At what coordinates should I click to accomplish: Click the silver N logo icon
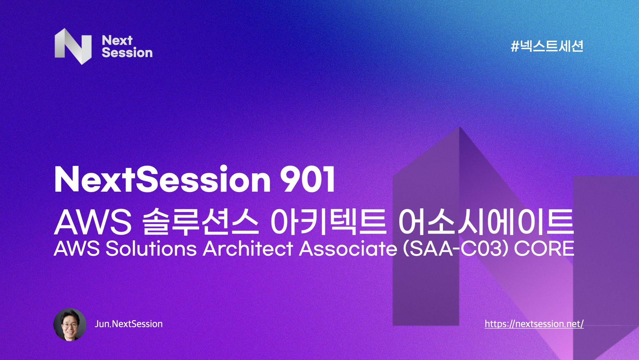(73, 46)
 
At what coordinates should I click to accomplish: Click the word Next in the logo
(117, 40)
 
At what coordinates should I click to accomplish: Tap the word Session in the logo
(127, 53)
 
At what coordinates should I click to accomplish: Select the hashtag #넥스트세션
(547, 46)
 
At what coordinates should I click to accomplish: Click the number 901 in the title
(307, 179)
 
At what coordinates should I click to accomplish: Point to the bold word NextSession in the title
(162, 179)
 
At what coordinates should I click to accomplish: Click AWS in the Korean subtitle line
(93, 223)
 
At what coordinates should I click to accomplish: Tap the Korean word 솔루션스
(201, 222)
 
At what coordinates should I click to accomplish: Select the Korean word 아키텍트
(328, 222)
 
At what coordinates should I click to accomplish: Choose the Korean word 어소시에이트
(486, 222)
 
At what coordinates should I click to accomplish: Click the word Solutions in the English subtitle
(151, 249)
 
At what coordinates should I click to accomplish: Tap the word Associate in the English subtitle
(348, 249)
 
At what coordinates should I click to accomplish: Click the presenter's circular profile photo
(70, 324)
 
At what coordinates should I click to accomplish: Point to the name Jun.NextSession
(128, 324)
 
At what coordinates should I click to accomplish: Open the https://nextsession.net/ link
(534, 324)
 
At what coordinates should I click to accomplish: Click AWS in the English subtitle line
(77, 249)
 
